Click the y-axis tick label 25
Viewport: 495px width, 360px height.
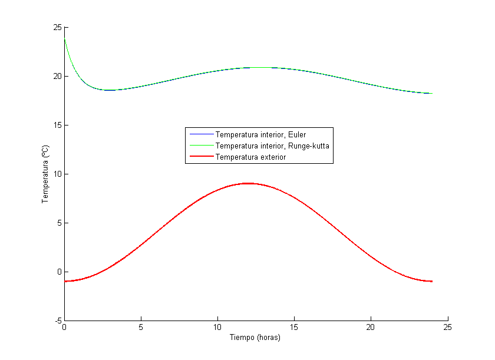click(57, 27)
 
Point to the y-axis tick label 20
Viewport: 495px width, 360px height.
click(57, 76)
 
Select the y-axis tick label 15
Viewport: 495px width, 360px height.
click(57, 125)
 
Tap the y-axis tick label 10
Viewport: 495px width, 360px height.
click(57, 174)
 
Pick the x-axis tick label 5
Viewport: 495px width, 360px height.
click(141, 327)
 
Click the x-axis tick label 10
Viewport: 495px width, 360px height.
click(217, 327)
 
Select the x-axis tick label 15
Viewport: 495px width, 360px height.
click(294, 327)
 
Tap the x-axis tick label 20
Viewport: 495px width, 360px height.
click(371, 327)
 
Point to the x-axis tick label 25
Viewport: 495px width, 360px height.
click(447, 327)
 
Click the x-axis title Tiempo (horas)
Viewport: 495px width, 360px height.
click(255, 338)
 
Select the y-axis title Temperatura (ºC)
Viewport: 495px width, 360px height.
click(45, 174)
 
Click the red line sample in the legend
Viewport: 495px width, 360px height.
click(200, 157)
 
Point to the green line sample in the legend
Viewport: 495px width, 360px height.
click(200, 146)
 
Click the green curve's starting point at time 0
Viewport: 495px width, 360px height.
click(65, 39)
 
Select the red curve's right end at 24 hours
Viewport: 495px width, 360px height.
click(432, 281)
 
